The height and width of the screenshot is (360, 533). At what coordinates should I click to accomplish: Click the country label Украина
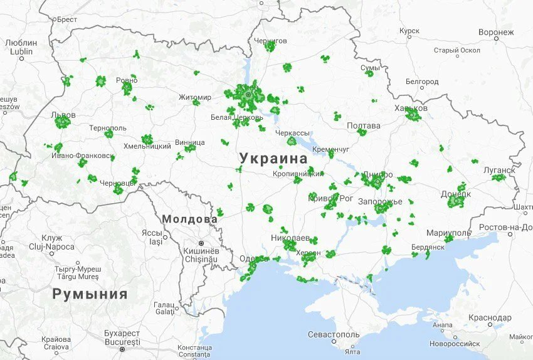coord(273,159)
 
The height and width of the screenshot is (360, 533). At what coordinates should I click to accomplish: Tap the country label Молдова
coord(189,220)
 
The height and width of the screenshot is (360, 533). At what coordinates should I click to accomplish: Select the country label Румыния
coord(90,294)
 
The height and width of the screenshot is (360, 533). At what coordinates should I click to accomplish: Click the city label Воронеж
coord(495,32)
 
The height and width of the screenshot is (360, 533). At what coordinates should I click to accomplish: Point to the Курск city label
coord(409,31)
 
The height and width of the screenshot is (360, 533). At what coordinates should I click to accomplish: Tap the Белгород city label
coord(422,82)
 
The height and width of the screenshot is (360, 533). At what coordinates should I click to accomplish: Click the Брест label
coord(66,19)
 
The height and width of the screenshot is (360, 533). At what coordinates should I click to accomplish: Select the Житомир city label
coord(195,97)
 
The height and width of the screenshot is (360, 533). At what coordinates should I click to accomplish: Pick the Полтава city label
coord(364,125)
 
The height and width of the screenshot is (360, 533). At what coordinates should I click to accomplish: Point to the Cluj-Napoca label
coord(43,246)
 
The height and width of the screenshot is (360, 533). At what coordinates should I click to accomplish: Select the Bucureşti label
coord(122,341)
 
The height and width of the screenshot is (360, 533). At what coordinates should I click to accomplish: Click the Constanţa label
coord(194,347)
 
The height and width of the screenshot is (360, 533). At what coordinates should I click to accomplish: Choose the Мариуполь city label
coord(448,233)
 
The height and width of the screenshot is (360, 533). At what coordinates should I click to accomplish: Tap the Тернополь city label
coord(107,128)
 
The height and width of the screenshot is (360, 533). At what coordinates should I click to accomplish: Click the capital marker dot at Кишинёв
coord(201,243)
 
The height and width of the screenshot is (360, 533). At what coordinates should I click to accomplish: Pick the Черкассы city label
coord(293,133)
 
